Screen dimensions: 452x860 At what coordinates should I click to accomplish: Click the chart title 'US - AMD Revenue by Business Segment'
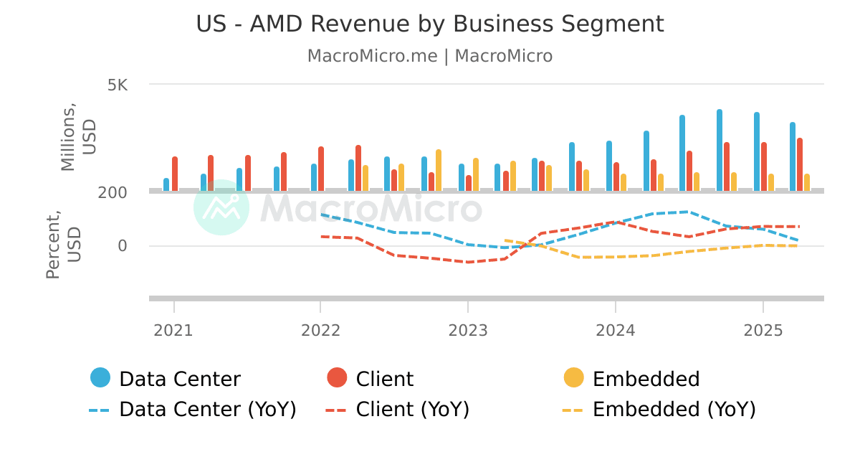click(x=430, y=24)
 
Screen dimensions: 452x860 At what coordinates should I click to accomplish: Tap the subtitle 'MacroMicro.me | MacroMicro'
click(x=430, y=56)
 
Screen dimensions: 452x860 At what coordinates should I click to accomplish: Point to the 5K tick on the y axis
click(x=118, y=85)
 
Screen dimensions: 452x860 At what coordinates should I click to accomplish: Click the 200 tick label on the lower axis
click(x=113, y=192)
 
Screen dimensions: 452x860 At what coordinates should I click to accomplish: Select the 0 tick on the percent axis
click(x=123, y=246)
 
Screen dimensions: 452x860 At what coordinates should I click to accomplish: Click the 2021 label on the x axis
click(x=173, y=330)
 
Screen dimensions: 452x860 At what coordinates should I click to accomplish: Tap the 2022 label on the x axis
click(x=320, y=330)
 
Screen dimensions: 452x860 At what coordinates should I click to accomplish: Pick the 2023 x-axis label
click(x=468, y=330)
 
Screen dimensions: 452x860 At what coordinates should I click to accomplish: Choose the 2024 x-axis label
click(x=616, y=330)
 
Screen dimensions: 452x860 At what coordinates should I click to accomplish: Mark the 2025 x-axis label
click(x=763, y=330)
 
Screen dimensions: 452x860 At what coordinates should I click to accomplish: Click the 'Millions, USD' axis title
click(x=77, y=138)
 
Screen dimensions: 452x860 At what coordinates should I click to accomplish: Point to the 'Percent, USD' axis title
click(x=63, y=244)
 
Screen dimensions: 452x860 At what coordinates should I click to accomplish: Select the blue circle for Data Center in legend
click(x=100, y=377)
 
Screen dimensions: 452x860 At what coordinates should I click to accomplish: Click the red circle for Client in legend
click(x=337, y=377)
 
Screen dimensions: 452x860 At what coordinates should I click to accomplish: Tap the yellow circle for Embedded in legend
click(x=574, y=377)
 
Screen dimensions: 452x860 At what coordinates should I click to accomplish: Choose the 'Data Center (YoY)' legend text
click(x=207, y=410)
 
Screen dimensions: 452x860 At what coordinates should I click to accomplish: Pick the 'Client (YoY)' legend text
click(x=412, y=410)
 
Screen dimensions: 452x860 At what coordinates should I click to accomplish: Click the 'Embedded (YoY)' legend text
click(x=674, y=410)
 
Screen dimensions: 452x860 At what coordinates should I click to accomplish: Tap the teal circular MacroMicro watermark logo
click(x=221, y=207)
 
